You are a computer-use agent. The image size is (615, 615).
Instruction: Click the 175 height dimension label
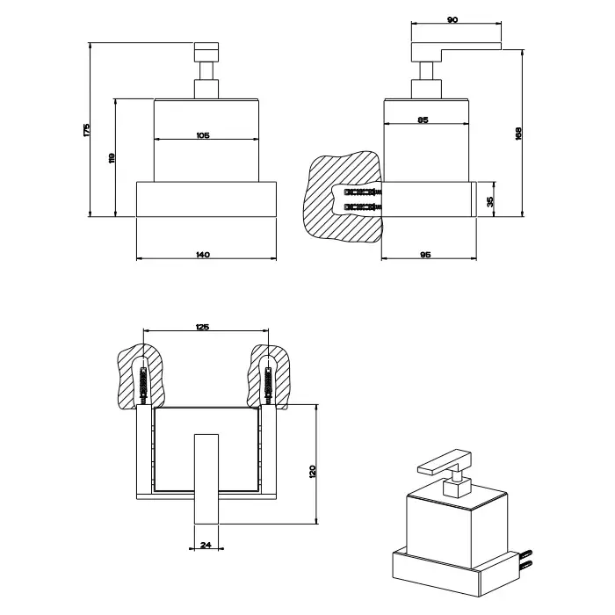(86, 129)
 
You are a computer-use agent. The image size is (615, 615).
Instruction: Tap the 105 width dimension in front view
(202, 135)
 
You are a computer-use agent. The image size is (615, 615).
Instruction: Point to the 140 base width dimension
(202, 254)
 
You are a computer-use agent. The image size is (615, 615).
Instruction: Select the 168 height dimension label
(518, 133)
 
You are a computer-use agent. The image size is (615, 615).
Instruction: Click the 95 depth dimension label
(425, 254)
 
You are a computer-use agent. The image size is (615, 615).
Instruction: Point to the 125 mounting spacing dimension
(202, 328)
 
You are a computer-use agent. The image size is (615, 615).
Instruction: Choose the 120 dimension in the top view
(314, 471)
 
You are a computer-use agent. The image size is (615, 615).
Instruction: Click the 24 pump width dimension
(206, 545)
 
